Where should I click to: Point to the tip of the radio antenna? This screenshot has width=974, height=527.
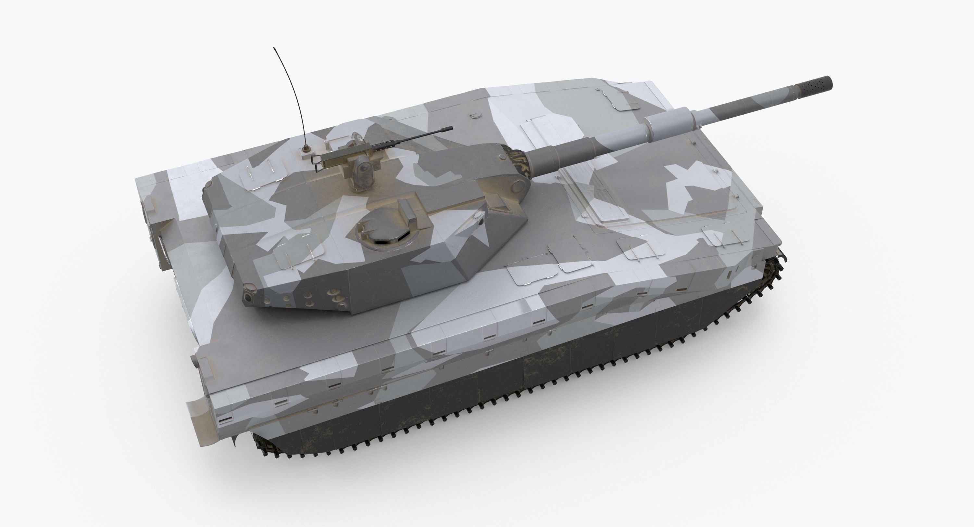click(x=274, y=48)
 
